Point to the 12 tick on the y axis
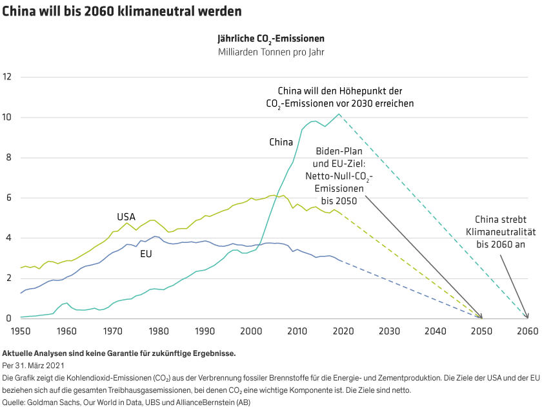8,77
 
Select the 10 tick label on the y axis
8,117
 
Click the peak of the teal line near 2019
339,114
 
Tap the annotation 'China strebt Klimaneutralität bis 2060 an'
501,231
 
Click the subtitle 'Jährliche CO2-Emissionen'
270,39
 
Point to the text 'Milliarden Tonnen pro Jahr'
270,52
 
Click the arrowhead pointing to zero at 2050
480,317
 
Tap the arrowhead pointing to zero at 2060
527,316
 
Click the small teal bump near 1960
66,302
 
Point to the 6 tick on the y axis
8,198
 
